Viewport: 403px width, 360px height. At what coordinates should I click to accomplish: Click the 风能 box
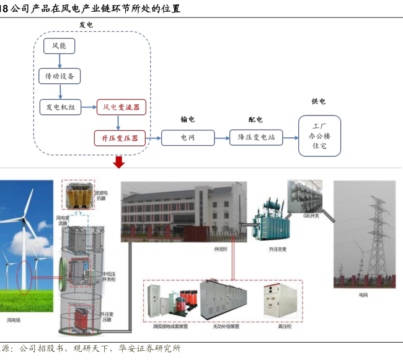(x=60, y=45)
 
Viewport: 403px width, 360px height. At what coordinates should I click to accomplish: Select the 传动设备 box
(x=60, y=76)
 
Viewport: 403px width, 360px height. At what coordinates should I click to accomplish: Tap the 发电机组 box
(x=60, y=107)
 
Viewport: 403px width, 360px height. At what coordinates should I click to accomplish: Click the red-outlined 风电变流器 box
(x=121, y=107)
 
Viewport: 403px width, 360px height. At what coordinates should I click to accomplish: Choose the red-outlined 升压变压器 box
(x=120, y=137)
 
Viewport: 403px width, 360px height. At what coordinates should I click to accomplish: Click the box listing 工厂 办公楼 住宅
(x=319, y=135)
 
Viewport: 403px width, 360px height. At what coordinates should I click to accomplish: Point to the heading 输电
(x=187, y=120)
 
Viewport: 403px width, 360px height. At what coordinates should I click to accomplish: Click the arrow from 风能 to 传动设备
(x=60, y=61)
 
